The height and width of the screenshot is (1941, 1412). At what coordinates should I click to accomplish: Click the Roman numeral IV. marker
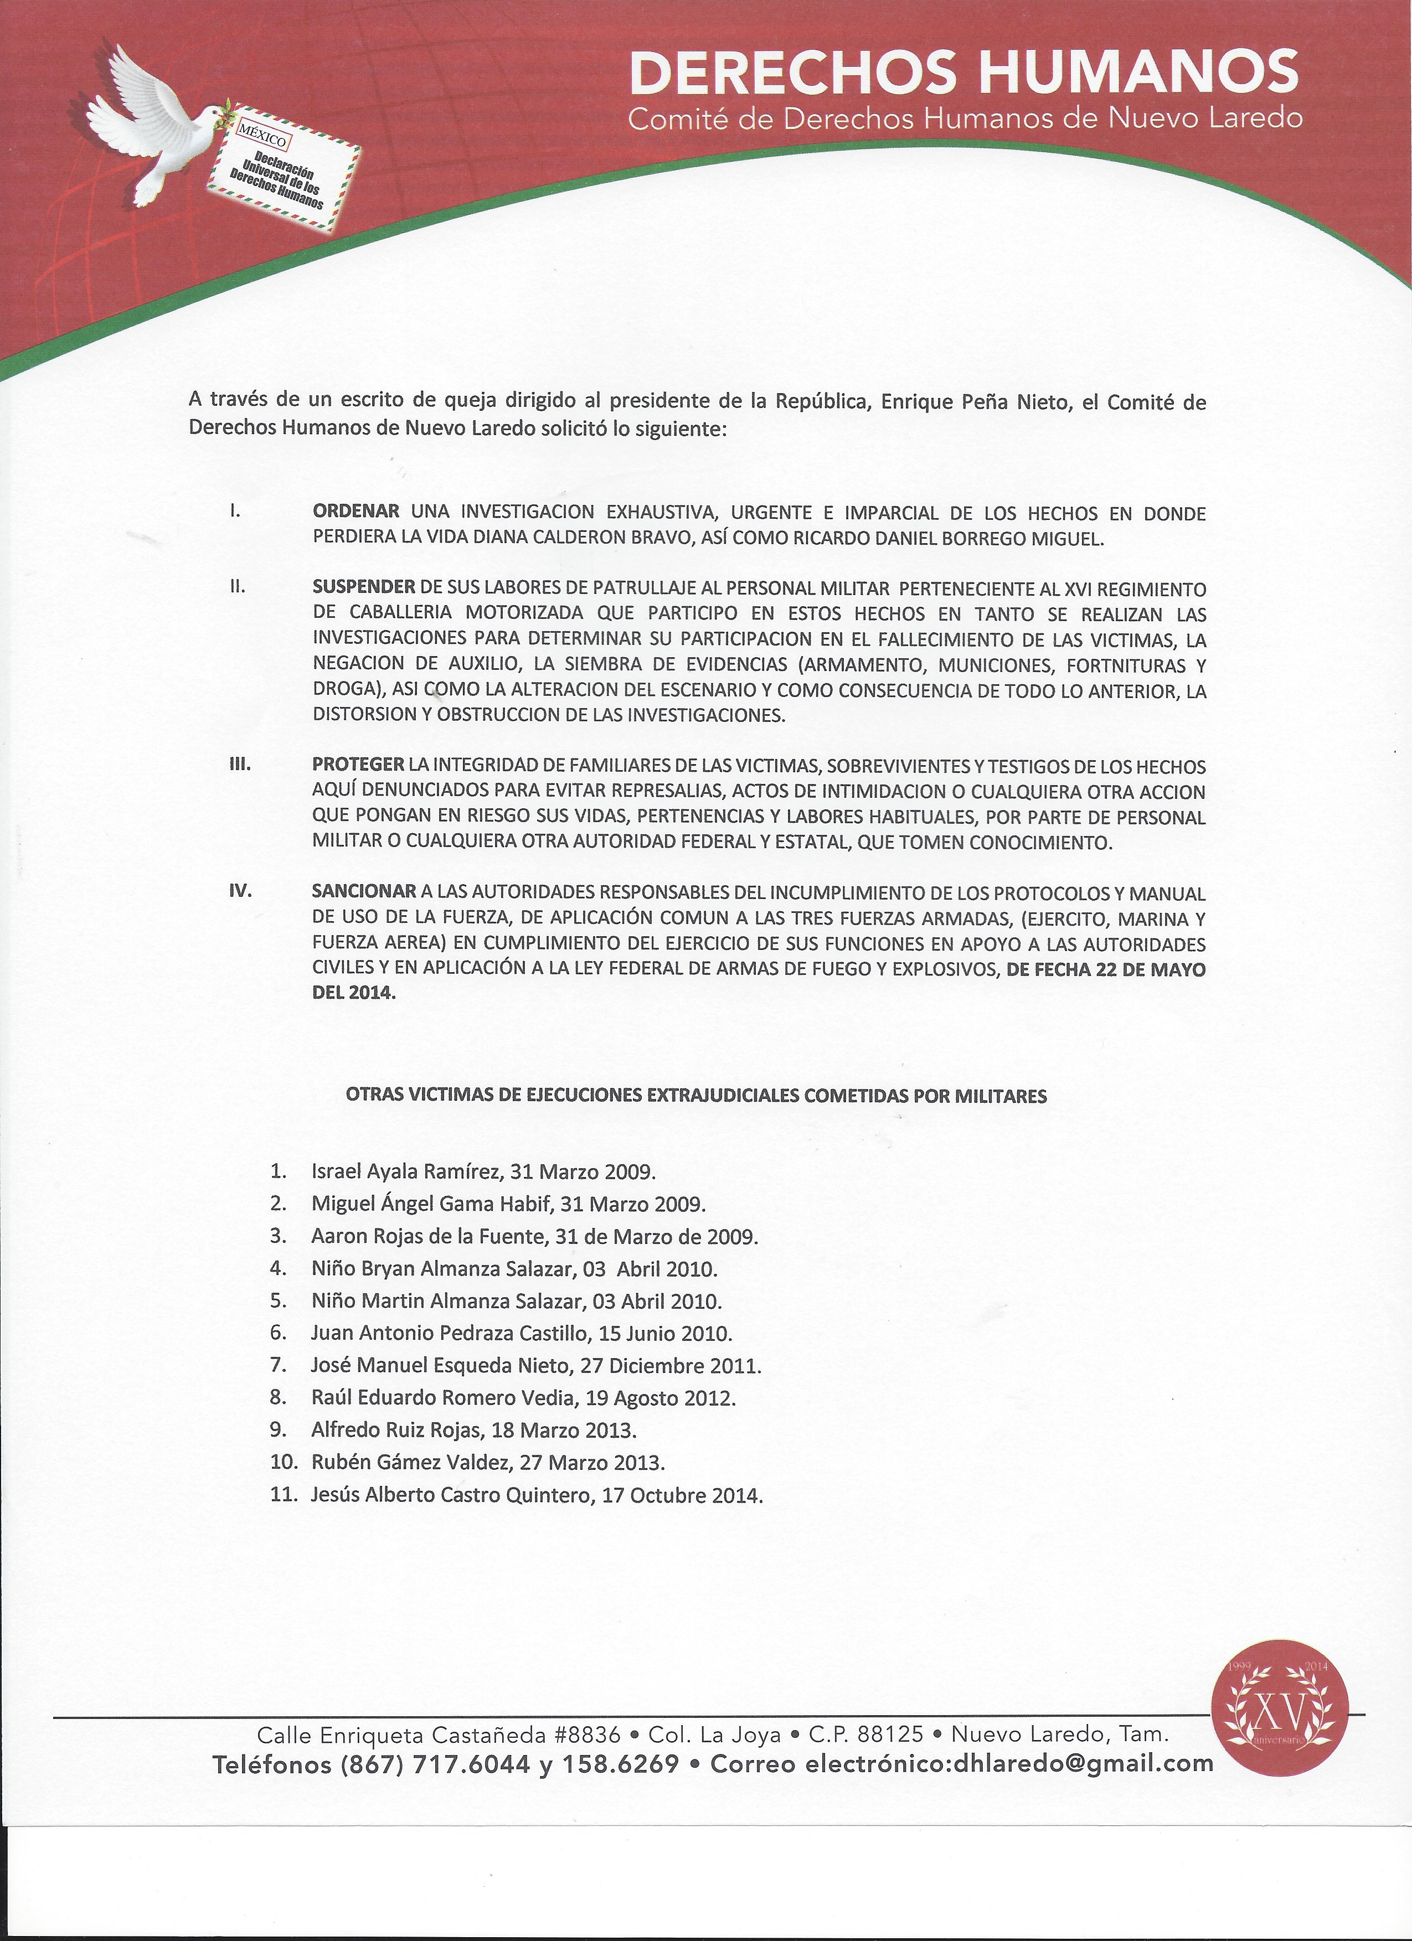click(x=240, y=891)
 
